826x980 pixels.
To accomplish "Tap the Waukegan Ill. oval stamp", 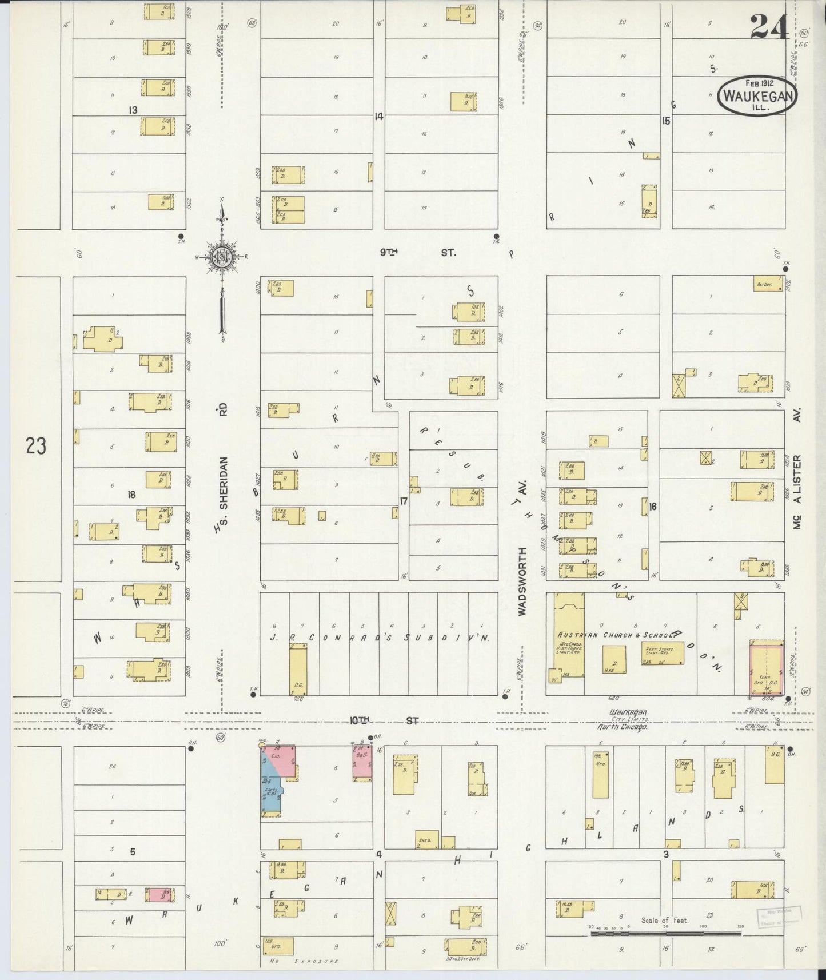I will click(757, 97).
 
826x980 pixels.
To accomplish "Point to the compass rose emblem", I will click(220, 258).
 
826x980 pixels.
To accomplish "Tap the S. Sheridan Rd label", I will click(222, 466).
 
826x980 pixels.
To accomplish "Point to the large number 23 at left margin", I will click(35, 445).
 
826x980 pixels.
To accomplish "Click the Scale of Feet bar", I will click(666, 933).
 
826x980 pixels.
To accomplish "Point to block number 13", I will click(133, 109).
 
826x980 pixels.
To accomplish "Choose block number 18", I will click(132, 495).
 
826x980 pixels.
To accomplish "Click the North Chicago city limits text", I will click(622, 727).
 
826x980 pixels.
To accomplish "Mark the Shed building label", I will click(425, 840).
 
